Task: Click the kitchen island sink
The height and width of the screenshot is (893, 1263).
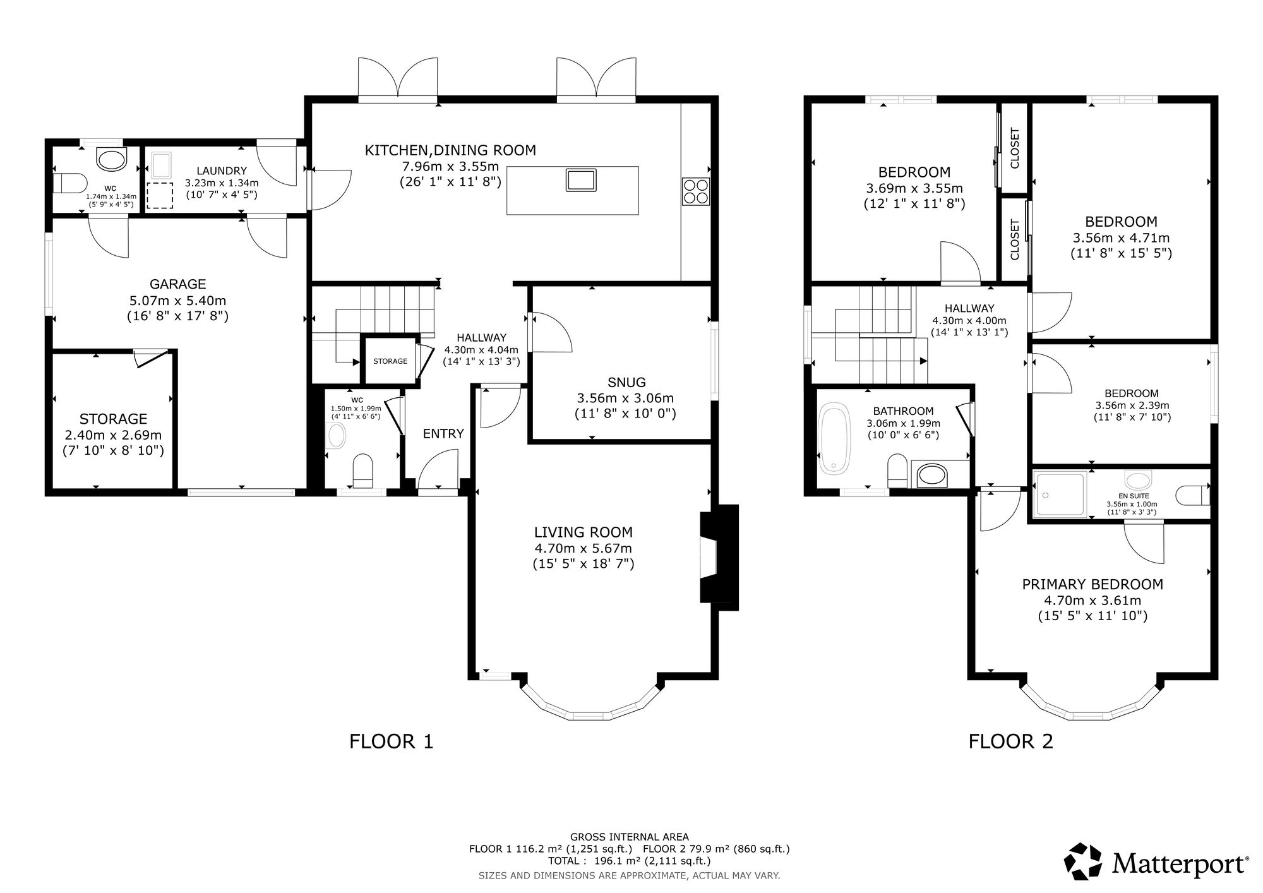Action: click(x=580, y=179)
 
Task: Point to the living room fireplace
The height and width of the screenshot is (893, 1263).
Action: click(x=719, y=557)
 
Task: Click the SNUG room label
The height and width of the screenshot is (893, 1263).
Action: click(x=626, y=382)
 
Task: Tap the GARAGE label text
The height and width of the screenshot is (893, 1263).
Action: click(x=177, y=284)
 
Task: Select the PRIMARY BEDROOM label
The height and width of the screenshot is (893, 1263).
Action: click(x=1092, y=584)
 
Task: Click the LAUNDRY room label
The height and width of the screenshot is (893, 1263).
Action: click(x=221, y=171)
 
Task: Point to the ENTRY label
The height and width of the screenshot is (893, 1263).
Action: click(x=443, y=434)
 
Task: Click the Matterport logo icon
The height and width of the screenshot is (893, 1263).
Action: click(x=1084, y=861)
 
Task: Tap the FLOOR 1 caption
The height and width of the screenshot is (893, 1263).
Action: click(x=392, y=741)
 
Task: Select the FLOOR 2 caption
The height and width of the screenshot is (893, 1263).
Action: click(x=1010, y=741)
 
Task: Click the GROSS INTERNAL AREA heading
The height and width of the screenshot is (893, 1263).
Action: click(x=629, y=837)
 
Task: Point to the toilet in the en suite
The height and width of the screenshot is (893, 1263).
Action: click(x=1194, y=494)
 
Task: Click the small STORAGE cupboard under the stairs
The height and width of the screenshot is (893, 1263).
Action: click(x=390, y=361)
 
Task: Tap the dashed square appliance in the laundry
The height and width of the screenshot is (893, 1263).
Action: click(x=160, y=196)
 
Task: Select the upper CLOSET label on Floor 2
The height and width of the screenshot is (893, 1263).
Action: click(x=1015, y=148)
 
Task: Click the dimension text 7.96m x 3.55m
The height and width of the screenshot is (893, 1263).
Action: click(x=450, y=167)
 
